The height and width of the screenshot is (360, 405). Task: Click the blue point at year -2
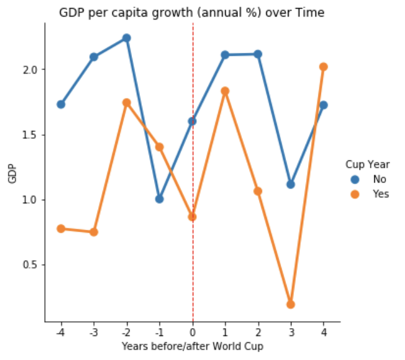(126, 38)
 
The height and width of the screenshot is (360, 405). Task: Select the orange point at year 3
(291, 304)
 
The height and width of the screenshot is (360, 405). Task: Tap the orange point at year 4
(323, 66)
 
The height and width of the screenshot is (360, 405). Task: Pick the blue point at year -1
(160, 199)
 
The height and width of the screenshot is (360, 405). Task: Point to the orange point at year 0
(193, 217)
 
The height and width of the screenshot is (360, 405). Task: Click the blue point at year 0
(192, 121)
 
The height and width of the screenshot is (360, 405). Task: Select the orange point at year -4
(61, 229)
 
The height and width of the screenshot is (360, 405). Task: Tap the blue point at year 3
(291, 184)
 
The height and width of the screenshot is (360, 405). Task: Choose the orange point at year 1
(225, 91)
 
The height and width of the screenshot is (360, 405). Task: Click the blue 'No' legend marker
(355, 179)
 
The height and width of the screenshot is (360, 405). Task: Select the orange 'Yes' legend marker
(355, 194)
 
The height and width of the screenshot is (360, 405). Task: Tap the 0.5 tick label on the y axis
(31, 265)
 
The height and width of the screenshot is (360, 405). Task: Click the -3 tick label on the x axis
(93, 332)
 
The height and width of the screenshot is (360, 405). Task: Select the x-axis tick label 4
(323, 332)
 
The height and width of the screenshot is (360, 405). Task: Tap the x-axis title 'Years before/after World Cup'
(192, 346)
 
